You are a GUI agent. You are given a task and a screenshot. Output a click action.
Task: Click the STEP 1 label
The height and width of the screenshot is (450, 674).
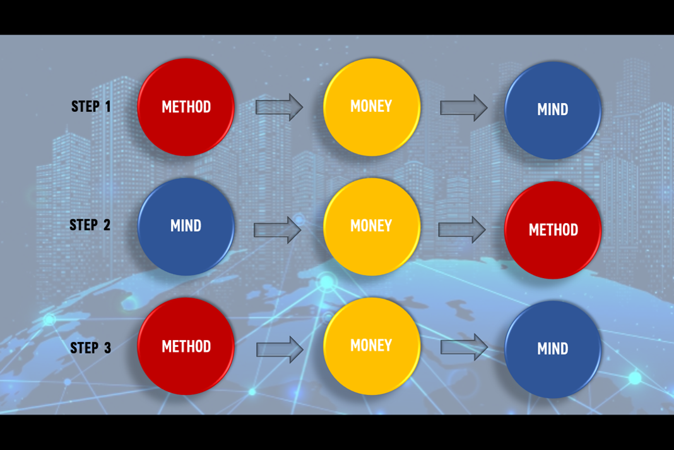tap(91, 106)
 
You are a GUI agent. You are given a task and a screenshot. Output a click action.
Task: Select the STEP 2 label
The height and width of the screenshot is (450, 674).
tap(90, 225)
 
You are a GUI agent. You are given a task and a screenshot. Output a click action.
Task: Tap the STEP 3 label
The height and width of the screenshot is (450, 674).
tap(90, 348)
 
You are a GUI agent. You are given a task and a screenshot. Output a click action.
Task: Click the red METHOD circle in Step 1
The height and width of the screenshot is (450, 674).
tap(186, 107)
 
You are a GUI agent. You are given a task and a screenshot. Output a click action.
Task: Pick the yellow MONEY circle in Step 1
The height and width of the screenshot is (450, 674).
tap(372, 107)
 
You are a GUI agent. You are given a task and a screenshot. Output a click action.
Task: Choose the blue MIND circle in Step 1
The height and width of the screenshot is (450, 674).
tap(553, 110)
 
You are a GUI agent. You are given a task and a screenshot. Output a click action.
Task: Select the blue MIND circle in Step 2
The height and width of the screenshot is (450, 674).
tap(186, 226)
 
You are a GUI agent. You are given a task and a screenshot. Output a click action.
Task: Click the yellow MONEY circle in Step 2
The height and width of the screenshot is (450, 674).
tap(372, 226)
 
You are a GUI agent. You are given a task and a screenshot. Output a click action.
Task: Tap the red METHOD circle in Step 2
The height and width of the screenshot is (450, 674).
tap(553, 229)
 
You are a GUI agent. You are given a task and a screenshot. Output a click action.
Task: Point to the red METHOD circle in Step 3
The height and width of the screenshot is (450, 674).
tap(186, 346)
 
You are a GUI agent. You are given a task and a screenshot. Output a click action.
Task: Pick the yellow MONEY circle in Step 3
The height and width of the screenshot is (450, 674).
tap(372, 346)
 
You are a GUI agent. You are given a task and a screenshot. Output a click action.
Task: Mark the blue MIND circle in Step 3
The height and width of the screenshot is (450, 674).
tap(553, 349)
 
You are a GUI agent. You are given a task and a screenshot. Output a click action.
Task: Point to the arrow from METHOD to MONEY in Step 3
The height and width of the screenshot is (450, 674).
tap(280, 349)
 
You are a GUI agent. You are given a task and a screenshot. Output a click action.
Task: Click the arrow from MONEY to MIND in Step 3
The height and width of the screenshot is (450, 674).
tap(464, 347)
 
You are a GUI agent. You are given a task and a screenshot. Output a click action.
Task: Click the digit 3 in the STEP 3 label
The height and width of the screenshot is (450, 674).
tap(107, 348)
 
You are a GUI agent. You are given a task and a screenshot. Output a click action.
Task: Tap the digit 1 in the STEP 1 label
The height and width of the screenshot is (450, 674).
tap(108, 106)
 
